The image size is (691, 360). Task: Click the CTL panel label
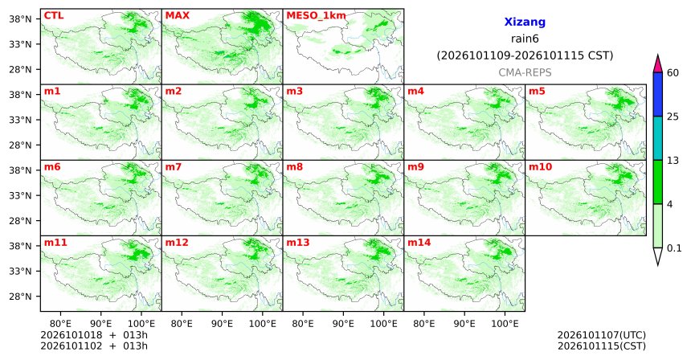coord(54,15)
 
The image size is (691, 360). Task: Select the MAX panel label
coord(177,15)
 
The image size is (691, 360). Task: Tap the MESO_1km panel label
coord(316,16)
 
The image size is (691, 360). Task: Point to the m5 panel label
coord(537,92)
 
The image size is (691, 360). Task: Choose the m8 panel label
coord(294,167)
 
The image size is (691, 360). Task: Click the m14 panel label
coord(419,243)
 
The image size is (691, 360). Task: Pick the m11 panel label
coord(55,243)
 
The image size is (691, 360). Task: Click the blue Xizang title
coord(525,22)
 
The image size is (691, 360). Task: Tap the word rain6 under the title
coord(525,39)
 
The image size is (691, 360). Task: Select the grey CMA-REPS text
coord(525,72)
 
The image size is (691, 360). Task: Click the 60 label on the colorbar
coord(673,72)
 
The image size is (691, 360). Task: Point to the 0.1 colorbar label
coord(674,248)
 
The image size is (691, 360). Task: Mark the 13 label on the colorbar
coord(673,161)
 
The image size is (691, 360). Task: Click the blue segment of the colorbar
coord(658,94)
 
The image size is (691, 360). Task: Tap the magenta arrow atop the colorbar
coord(658,63)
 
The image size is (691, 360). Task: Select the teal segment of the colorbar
coord(658,138)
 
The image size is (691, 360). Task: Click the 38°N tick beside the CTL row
coord(20,19)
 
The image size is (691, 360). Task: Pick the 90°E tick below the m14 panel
coord(464,324)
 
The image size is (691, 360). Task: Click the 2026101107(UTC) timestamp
coord(602,336)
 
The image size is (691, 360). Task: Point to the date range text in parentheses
coord(525,55)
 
